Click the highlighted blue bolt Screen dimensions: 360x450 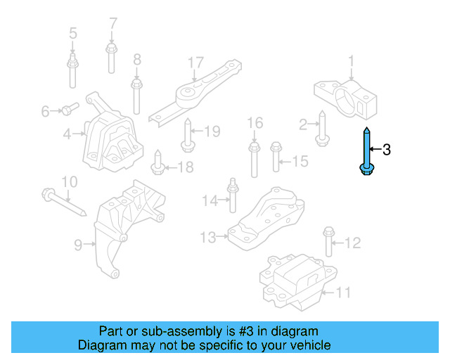[x=366, y=151]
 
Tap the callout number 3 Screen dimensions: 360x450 [x=385, y=150]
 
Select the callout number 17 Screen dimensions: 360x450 [x=195, y=64]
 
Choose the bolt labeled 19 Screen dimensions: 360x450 [x=187, y=135]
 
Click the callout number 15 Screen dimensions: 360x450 [x=300, y=162]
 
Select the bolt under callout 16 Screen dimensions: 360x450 [x=254, y=159]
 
